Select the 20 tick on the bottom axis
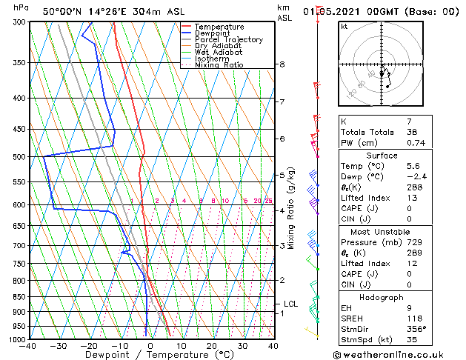tap(212, 346)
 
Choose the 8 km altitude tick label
tap(282, 64)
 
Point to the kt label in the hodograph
tap(344, 27)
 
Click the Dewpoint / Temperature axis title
tap(151, 355)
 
